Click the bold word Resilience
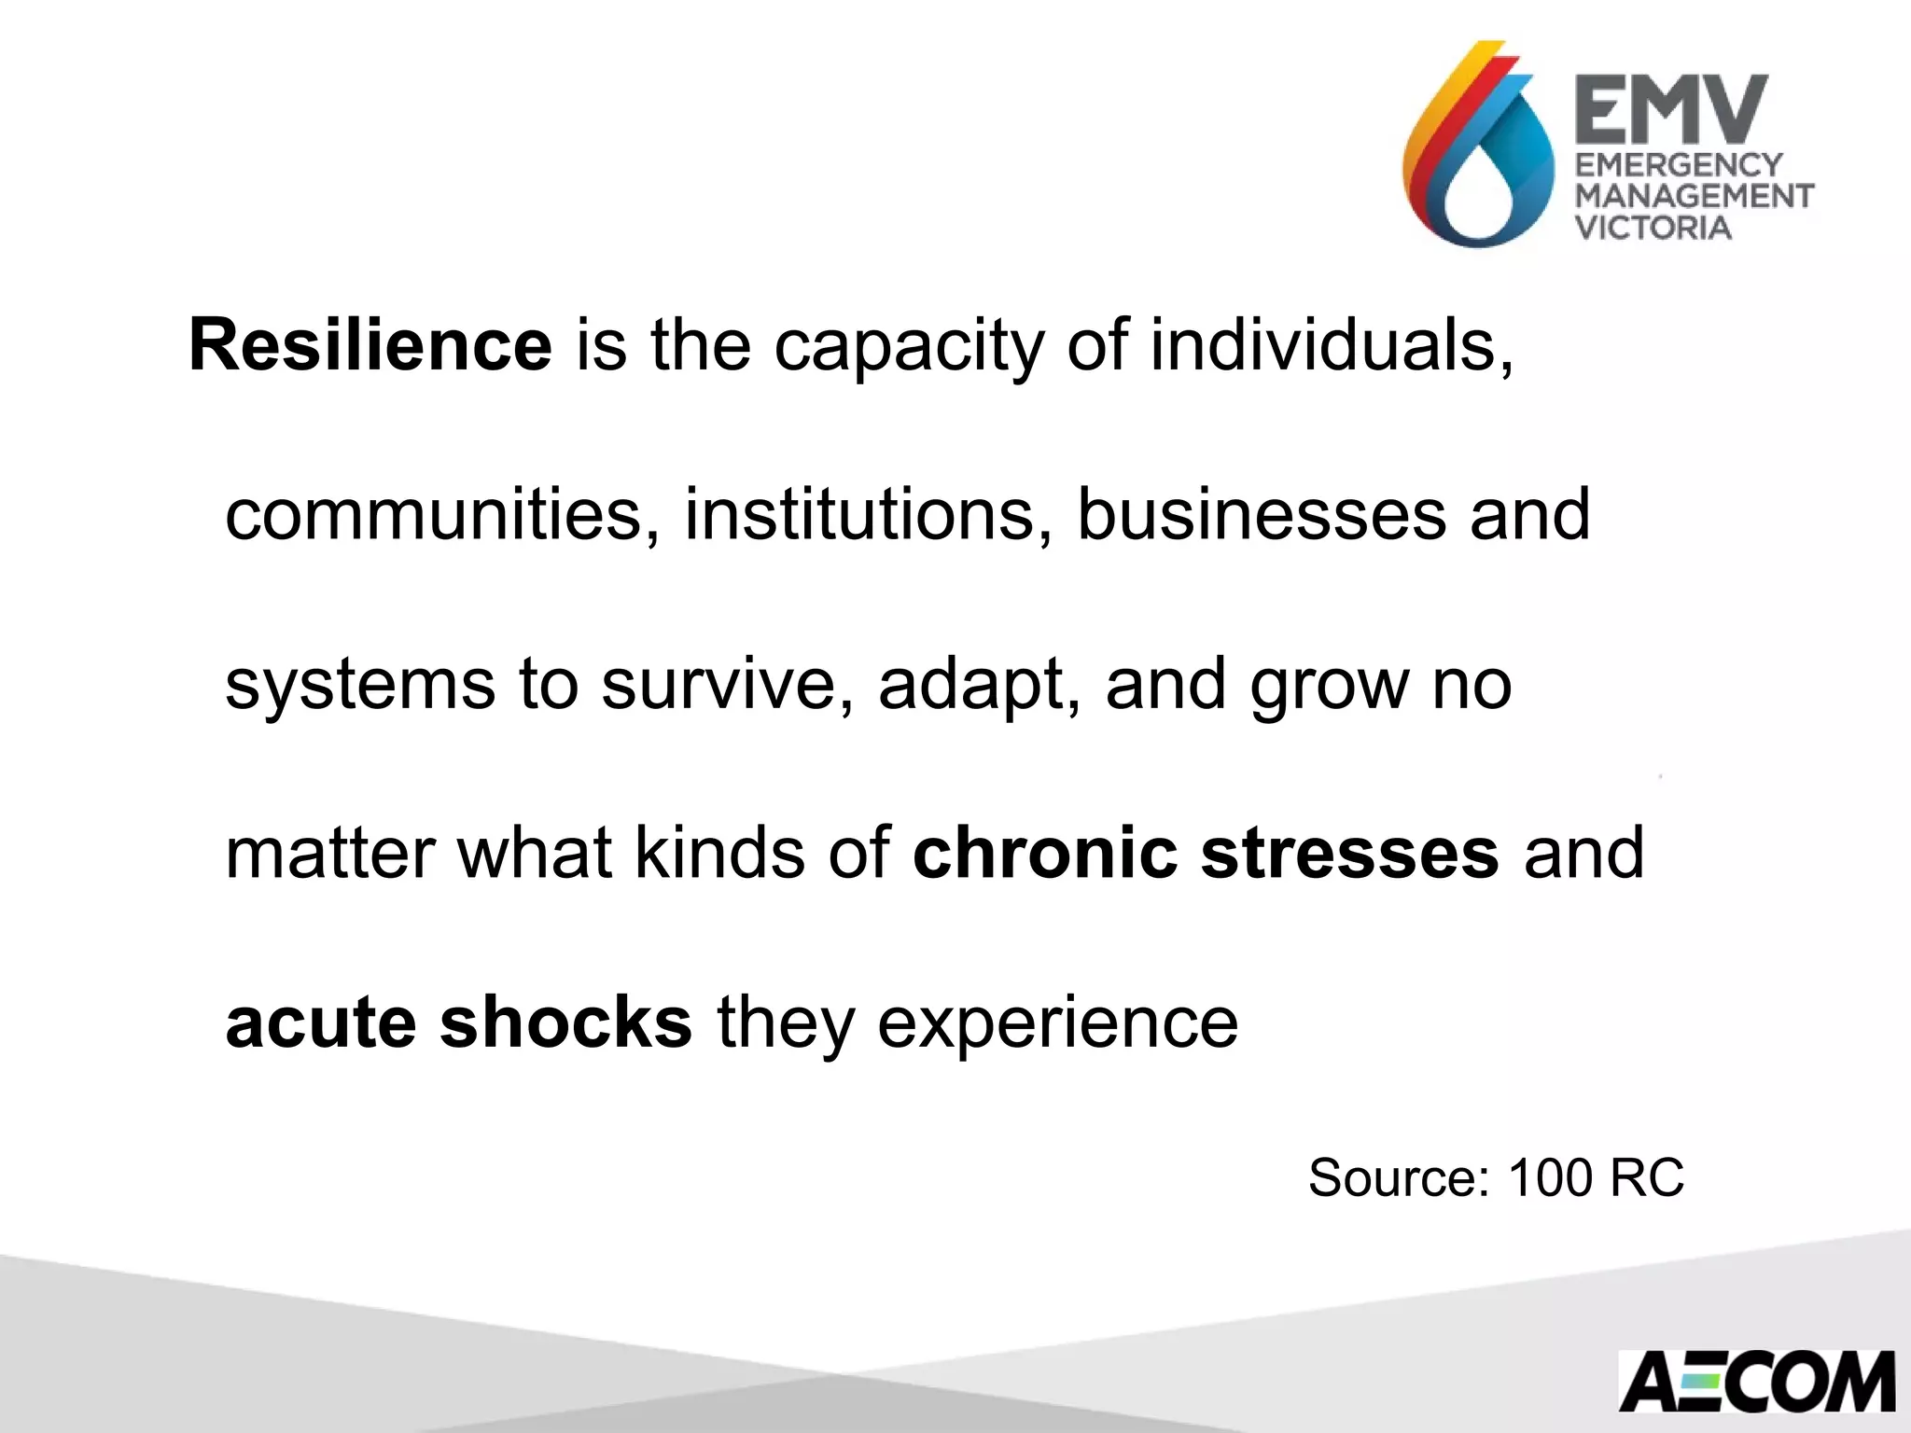pyautogui.click(x=370, y=345)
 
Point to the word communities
pyautogui.click(x=434, y=515)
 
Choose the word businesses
pyautogui.click(x=1261, y=515)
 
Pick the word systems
pyautogui.click(x=360, y=687)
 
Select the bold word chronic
pyautogui.click(x=1044, y=853)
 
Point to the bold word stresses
pyautogui.click(x=1349, y=855)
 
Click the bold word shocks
pyautogui.click(x=566, y=1023)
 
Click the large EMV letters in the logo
pyautogui.click(x=1671, y=109)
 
